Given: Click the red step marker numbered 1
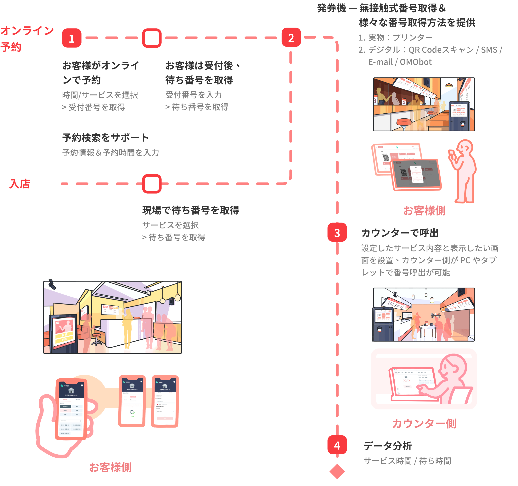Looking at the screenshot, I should [72, 38].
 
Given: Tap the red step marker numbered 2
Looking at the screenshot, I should [291, 37].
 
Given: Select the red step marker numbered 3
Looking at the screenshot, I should [337, 232].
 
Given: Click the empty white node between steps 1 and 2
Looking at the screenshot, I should [152, 38].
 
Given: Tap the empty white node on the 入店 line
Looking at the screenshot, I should [152, 184].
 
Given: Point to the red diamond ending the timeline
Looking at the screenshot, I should [337, 471].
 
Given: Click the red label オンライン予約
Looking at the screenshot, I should [27, 39].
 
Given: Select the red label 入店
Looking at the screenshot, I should [20, 184].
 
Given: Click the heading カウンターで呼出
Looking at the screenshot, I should [400, 233].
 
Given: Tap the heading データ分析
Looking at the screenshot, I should [388, 446].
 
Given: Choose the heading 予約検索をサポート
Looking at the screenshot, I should [105, 137].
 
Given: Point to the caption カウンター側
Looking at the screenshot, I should [424, 423].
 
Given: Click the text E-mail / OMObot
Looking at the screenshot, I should [400, 62].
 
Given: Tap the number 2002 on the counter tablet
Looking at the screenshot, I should [406, 381].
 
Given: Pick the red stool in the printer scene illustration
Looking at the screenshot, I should [404, 122].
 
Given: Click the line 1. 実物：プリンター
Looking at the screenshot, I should [395, 37].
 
